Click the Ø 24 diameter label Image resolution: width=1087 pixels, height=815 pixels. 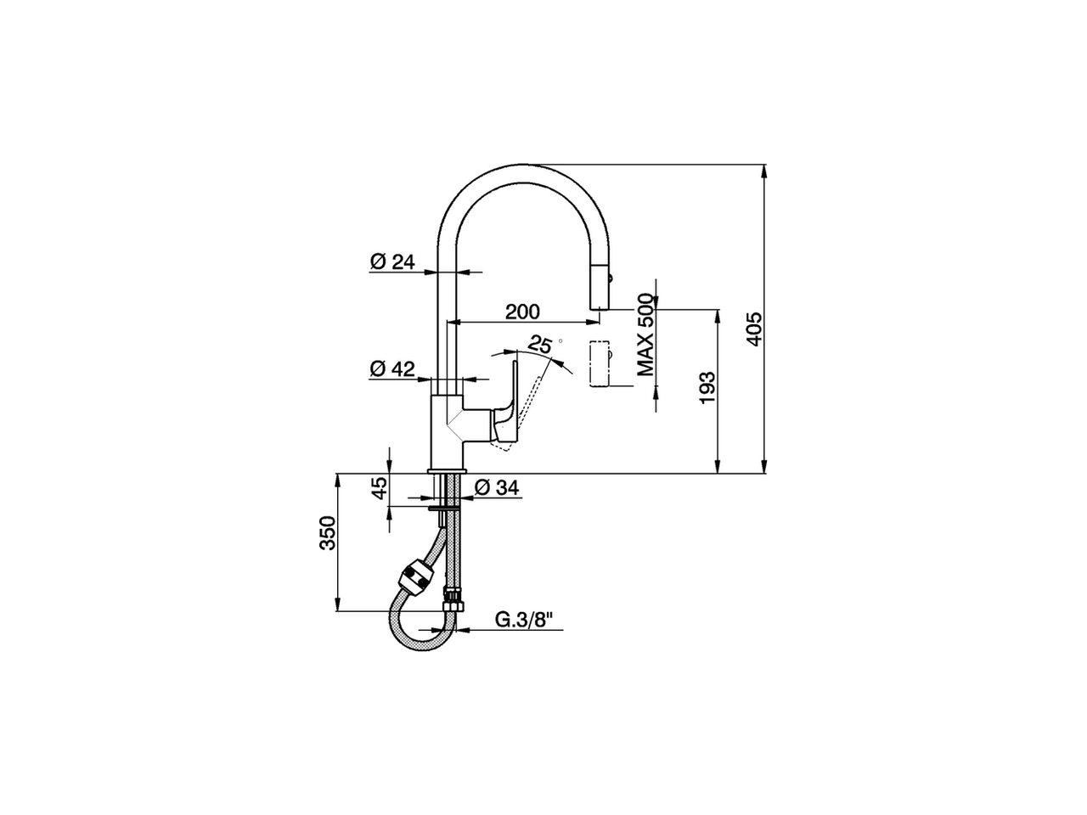click(391, 261)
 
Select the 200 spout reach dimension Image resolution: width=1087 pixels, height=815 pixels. click(521, 312)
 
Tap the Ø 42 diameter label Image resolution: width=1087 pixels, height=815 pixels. click(391, 368)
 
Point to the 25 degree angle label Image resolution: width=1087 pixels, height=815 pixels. click(540, 344)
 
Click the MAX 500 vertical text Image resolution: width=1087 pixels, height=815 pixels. click(647, 334)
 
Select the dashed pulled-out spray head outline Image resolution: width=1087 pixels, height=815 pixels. click(600, 364)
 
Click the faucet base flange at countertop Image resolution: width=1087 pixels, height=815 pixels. click(447, 471)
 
